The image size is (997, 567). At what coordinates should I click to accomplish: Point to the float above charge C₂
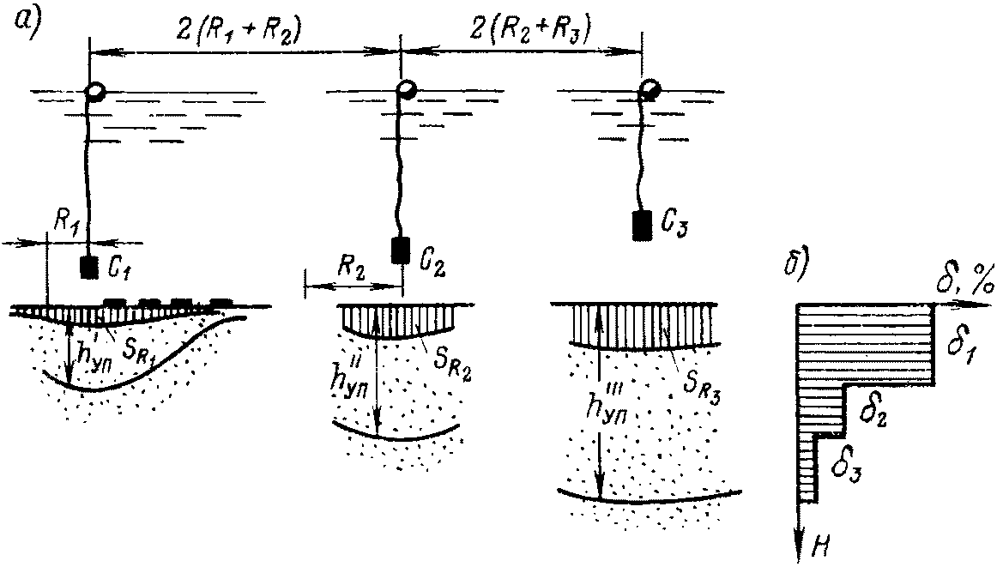coord(406,89)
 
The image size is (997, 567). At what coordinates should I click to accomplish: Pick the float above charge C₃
coord(650,89)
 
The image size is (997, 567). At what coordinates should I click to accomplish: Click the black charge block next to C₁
coord(89,268)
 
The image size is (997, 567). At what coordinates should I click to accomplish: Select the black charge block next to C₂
coord(400,250)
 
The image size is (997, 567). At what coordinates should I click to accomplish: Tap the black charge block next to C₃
coord(642,225)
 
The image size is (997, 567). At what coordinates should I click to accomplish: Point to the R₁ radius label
coord(69,225)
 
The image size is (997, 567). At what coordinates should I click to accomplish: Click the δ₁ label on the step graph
coord(960,348)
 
